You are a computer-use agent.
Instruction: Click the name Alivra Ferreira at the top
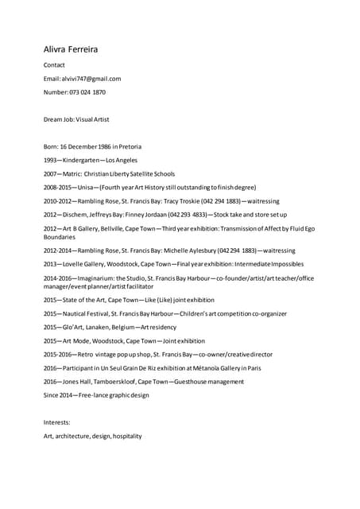coord(71,49)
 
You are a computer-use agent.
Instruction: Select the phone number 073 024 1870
coord(87,92)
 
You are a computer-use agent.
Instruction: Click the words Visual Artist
coord(93,119)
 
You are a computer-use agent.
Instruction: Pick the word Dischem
coord(77,215)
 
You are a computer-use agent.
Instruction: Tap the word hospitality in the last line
coord(127,436)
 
